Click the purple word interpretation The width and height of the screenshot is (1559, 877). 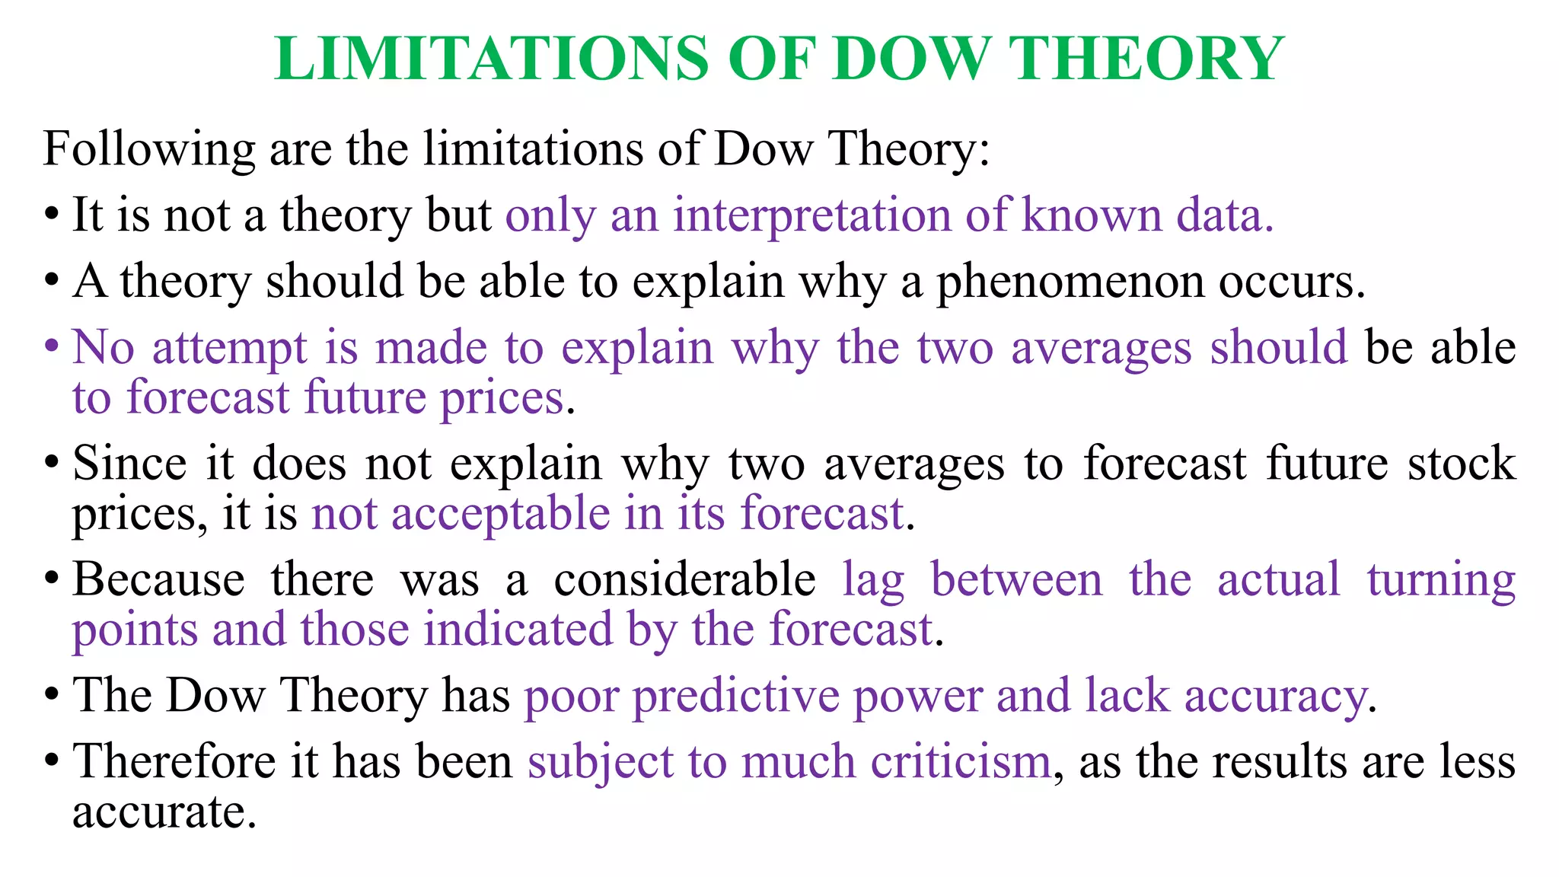point(811,215)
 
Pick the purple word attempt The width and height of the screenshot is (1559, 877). point(229,349)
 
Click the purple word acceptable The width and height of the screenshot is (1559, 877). point(500,514)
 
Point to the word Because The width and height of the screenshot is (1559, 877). point(158,579)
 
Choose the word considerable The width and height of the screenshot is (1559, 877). point(684,579)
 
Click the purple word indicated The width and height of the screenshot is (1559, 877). point(518,630)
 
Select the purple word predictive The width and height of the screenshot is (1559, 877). point(735,697)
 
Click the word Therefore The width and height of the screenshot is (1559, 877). point(174,761)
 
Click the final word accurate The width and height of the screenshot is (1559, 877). point(159,812)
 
